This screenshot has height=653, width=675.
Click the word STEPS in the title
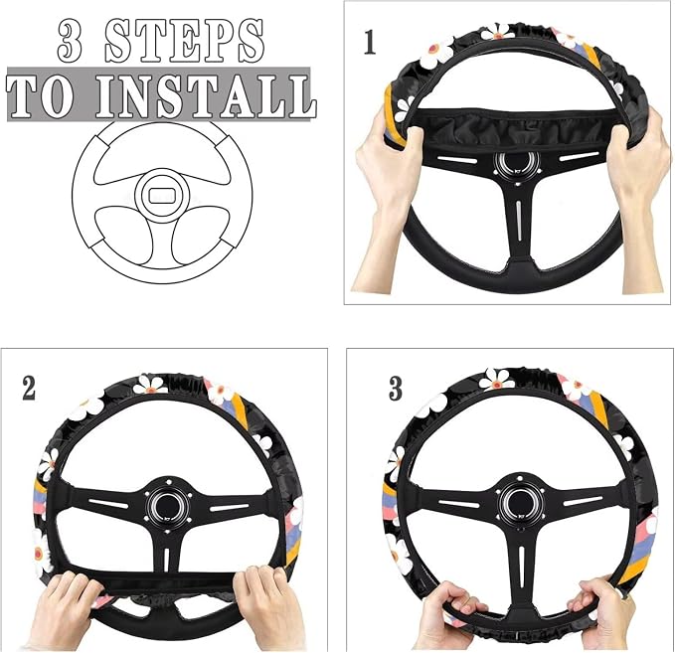[184, 42]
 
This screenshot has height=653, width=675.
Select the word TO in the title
[40, 96]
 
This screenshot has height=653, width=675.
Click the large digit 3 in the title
[71, 42]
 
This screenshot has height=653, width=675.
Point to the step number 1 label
[370, 42]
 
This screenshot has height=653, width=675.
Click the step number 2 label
[29, 389]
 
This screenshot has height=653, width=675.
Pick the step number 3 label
[396, 388]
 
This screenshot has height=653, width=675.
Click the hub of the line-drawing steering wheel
[162, 196]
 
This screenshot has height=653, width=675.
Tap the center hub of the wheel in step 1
[517, 165]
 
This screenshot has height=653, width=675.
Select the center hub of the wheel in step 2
[167, 504]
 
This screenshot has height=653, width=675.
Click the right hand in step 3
[602, 611]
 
